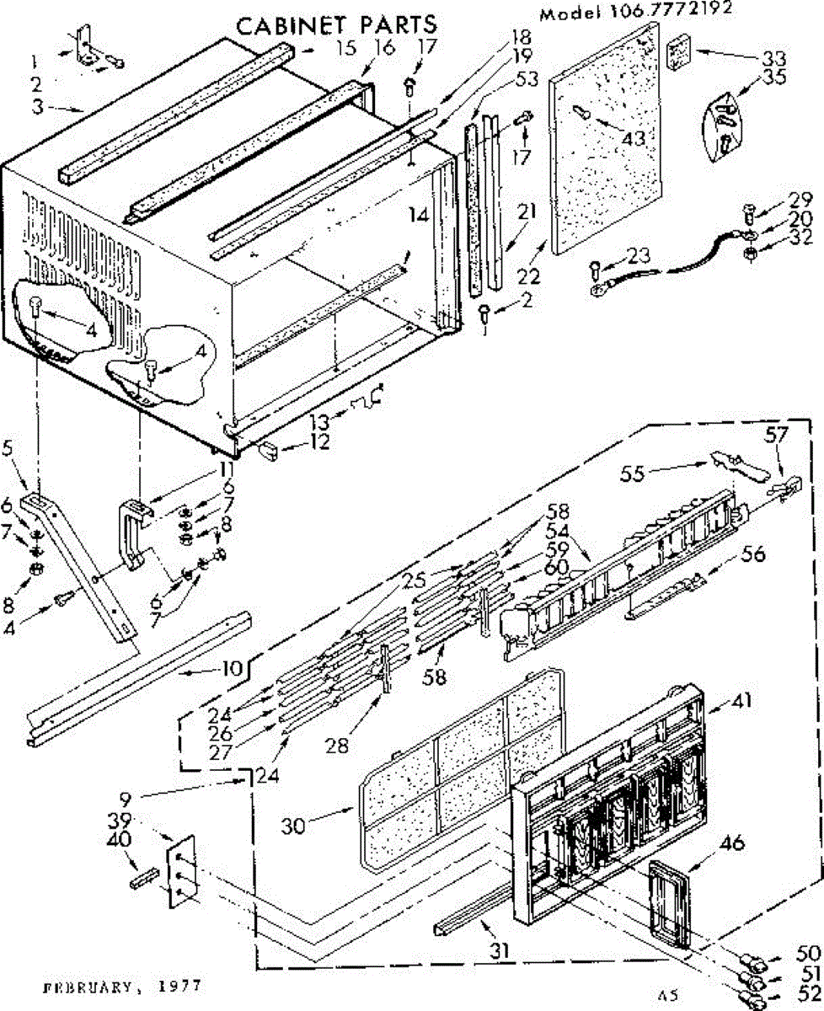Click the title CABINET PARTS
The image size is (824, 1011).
(x=336, y=25)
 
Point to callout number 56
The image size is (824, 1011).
(x=753, y=554)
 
